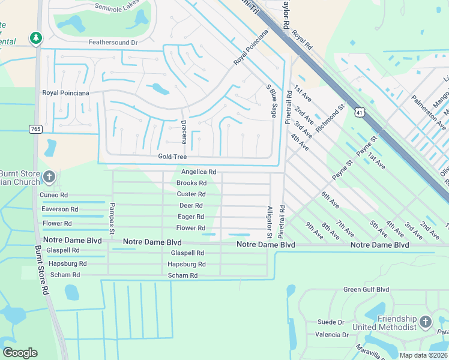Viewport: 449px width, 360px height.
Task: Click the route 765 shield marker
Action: click(35, 129)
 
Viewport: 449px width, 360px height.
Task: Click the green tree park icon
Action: click(36, 38)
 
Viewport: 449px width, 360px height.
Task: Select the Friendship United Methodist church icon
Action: click(426, 321)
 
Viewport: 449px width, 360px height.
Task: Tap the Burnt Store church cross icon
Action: click(49, 176)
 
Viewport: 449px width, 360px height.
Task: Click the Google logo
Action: click(20, 353)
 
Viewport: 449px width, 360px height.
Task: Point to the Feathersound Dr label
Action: click(113, 43)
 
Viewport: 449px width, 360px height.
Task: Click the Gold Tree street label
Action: click(172, 157)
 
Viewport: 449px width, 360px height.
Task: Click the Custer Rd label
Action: click(191, 194)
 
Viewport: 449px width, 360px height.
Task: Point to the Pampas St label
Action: click(111, 217)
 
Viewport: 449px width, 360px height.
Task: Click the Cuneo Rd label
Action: click(54, 195)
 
